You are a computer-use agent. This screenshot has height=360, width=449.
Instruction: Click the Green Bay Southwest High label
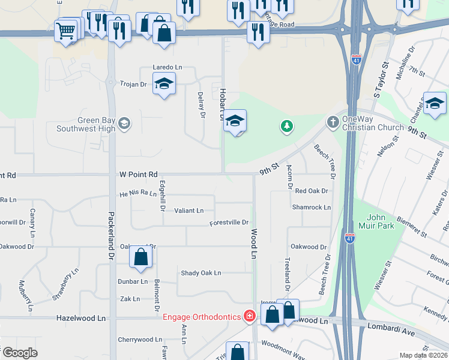[x=86, y=124]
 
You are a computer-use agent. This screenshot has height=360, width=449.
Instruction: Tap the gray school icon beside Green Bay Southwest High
[x=124, y=124]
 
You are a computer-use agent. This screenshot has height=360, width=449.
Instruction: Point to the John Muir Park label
[x=380, y=221]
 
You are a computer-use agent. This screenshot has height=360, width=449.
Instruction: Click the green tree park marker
[x=288, y=126]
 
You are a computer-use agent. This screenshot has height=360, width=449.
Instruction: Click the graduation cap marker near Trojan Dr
[x=164, y=83]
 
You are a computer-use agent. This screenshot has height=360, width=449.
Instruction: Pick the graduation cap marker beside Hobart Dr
[x=236, y=120]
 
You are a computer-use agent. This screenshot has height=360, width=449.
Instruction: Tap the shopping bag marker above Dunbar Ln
[x=140, y=257]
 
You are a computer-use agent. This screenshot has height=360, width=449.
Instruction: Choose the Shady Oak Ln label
[x=201, y=273]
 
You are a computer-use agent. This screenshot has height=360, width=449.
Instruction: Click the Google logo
[x=19, y=353]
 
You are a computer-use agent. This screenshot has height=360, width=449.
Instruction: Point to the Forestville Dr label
[x=229, y=223]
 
